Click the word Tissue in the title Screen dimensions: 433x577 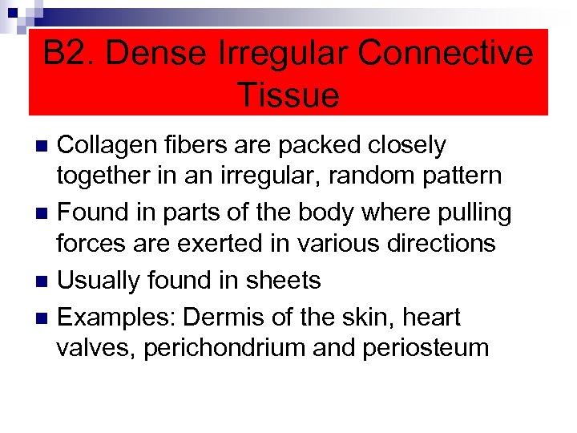click(x=288, y=95)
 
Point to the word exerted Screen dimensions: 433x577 click(x=234, y=242)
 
